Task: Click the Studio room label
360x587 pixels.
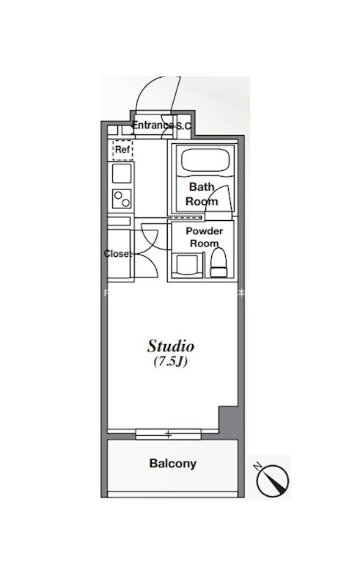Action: [171, 346]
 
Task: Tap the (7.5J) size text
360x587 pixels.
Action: [171, 362]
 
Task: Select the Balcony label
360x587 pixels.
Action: [172, 464]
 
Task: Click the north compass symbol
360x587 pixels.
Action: [273, 481]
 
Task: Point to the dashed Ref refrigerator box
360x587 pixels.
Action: [122, 150]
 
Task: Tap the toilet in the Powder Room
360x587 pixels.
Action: [218, 263]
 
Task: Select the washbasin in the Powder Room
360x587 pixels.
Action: [189, 266]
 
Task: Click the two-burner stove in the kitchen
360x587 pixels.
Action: [122, 199]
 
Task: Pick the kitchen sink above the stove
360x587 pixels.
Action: [122, 173]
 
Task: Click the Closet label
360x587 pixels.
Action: [117, 253]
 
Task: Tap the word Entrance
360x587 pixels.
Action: [153, 125]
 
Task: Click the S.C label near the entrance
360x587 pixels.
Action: [183, 126]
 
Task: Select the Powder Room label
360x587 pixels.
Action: [205, 237]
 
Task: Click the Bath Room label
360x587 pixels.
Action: [202, 194]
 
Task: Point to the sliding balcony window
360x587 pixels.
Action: [169, 434]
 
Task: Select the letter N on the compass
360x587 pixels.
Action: [257, 467]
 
